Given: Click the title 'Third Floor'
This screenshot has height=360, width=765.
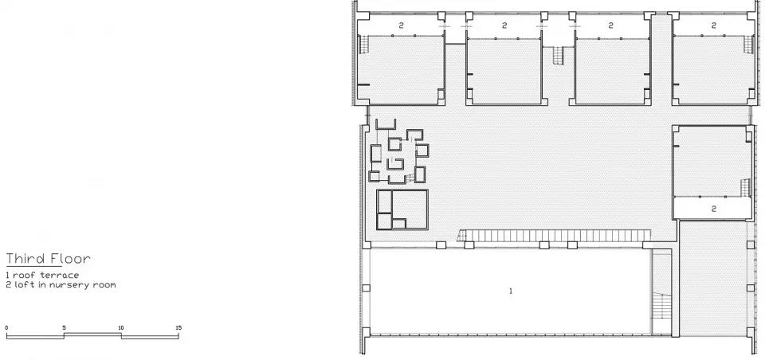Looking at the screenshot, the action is [x=48, y=259].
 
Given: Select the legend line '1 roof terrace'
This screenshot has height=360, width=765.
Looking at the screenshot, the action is [x=42, y=275].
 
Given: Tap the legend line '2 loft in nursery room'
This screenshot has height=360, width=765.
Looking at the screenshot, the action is [x=61, y=284].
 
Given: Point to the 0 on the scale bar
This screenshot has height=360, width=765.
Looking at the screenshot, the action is [x=6, y=328].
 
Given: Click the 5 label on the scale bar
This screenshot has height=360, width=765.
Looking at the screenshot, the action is [x=64, y=328].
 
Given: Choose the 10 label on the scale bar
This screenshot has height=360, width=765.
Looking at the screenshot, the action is [x=121, y=328].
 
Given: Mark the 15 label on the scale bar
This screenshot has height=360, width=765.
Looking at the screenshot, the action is [x=178, y=328].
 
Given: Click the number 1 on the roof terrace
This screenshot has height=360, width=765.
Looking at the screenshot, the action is [x=511, y=292].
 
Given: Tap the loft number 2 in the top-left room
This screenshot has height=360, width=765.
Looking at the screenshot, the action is [x=401, y=25].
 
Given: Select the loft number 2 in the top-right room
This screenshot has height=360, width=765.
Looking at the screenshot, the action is [x=714, y=25].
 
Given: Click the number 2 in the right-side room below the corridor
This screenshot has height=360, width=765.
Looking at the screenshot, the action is [x=714, y=209].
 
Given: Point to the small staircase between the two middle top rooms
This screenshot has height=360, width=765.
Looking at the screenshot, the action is [x=559, y=55].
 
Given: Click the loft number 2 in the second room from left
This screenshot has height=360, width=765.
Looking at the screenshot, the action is [x=504, y=25].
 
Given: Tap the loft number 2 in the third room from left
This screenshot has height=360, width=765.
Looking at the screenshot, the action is [x=610, y=25].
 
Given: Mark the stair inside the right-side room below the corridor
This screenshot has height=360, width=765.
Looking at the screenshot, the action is [x=745, y=188].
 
